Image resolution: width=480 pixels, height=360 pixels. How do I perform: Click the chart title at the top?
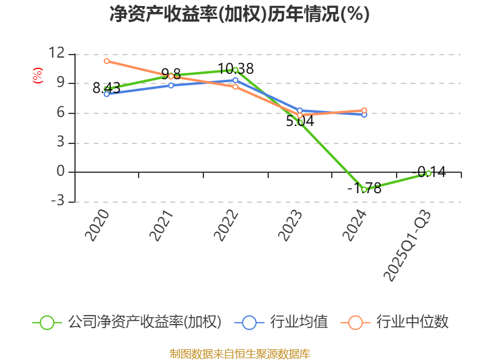coord(239,14)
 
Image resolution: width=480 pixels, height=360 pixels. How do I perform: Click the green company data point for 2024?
coord(364,190)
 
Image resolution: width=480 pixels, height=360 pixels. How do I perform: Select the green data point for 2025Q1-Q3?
coord(428,173)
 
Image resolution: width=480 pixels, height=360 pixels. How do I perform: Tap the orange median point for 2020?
coord(107,61)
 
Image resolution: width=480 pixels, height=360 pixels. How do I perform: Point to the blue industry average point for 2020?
coord(107,94)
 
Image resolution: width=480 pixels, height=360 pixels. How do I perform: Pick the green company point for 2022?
coord(235,70)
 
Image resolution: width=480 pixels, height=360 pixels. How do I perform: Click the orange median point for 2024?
coord(364,110)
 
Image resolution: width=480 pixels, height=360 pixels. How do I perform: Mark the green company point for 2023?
coord(300,122)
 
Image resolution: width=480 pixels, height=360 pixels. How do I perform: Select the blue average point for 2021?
coord(171,85)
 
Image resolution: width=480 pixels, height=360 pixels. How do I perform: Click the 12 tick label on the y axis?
coord(56,53)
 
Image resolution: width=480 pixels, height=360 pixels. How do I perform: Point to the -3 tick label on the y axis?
coord(56,202)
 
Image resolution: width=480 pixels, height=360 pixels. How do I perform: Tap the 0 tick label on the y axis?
coord(60,172)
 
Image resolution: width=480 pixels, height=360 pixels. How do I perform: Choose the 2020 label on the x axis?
coord(97,225)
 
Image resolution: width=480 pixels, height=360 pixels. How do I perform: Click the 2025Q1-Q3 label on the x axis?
coord(407,246)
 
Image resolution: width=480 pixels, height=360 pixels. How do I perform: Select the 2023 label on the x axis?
coord(290,225)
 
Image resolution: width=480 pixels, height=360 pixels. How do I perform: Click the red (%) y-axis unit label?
coord(38,76)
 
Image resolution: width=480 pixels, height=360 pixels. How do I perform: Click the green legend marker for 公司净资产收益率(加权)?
coord(47,322)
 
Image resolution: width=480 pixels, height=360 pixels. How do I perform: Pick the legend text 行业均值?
coord(299,322)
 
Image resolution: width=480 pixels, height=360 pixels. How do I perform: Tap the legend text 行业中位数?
coord(412,322)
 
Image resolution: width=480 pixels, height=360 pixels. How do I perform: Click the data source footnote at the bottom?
coord(239,353)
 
